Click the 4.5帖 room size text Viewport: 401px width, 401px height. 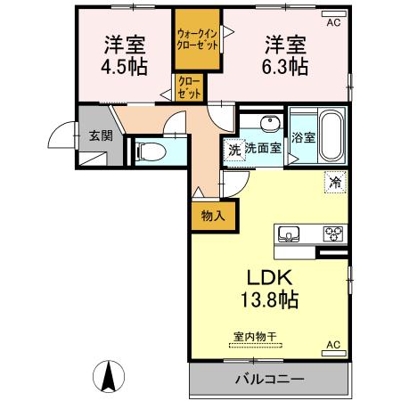[x=126, y=68]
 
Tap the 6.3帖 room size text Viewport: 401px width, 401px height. [x=285, y=68]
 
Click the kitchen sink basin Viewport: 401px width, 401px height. [x=289, y=233]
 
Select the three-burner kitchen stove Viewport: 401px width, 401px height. [x=333, y=233]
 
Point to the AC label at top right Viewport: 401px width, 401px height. [x=333, y=22]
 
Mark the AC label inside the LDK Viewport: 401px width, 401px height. [x=333, y=344]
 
